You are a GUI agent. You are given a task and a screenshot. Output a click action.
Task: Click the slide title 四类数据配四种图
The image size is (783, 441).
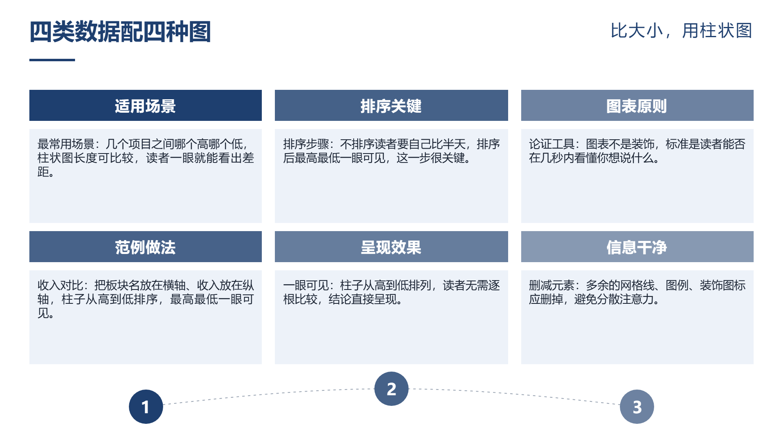point(120,32)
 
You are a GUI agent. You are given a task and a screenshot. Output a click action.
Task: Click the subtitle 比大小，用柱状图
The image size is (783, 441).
point(681,31)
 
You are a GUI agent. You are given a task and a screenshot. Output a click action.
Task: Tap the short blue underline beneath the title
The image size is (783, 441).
point(52,60)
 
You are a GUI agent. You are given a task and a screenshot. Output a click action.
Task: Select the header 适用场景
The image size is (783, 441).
point(145,106)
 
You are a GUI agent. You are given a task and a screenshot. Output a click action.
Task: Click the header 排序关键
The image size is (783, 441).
point(391,106)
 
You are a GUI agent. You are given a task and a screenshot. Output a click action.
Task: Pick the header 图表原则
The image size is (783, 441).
point(637,106)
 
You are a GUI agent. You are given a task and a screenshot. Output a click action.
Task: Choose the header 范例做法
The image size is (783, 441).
point(145,247)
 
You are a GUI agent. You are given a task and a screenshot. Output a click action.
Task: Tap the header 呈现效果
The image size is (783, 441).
point(391,247)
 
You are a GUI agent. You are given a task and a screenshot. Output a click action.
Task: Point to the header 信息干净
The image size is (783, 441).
point(637,247)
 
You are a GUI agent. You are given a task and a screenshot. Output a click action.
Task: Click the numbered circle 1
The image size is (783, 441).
point(146,407)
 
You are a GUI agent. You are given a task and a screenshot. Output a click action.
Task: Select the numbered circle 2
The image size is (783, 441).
point(391,389)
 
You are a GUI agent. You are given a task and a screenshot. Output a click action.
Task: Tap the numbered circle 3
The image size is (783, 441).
point(637,407)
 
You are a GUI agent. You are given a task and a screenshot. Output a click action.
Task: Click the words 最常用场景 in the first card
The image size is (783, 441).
point(66,144)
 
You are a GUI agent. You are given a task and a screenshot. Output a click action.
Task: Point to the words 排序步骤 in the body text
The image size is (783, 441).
point(306,144)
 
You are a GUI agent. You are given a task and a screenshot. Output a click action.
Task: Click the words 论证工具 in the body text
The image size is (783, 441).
point(552,144)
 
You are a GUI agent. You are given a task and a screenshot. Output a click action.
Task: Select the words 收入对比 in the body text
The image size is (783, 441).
point(60,285)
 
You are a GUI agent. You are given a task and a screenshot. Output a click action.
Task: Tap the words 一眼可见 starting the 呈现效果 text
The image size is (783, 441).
point(306,285)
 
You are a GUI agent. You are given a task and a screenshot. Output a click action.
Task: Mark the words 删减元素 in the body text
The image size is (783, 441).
point(552,285)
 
